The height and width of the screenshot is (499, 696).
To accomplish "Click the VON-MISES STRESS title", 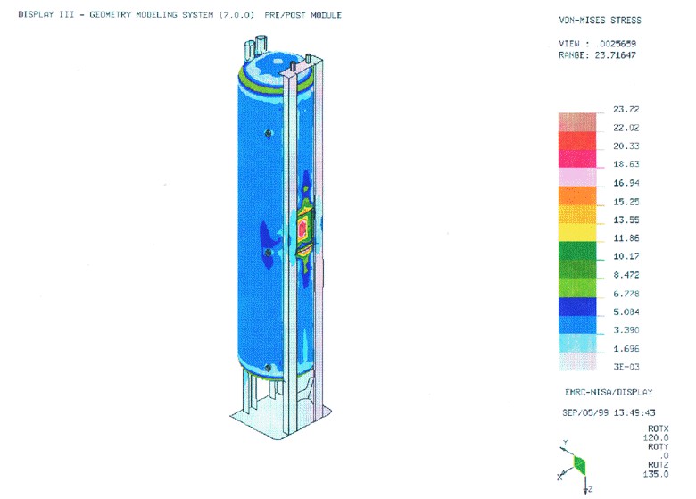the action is tap(600, 20).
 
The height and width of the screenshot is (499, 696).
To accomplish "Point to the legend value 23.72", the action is tap(626, 109).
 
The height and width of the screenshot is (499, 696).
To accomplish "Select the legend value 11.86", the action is tap(626, 238).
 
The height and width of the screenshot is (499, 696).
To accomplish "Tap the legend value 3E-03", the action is tap(626, 367).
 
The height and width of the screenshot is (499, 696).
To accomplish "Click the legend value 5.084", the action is tap(626, 312).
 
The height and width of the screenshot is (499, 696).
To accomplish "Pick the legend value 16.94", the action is tap(626, 183).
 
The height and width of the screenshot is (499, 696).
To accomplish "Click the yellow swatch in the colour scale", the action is tap(577, 232).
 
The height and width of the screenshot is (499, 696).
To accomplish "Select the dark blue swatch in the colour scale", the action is tap(577, 306).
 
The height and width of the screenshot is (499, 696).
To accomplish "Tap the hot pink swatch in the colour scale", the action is tap(577, 159).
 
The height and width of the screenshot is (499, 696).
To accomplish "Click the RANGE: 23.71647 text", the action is tap(597, 55).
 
